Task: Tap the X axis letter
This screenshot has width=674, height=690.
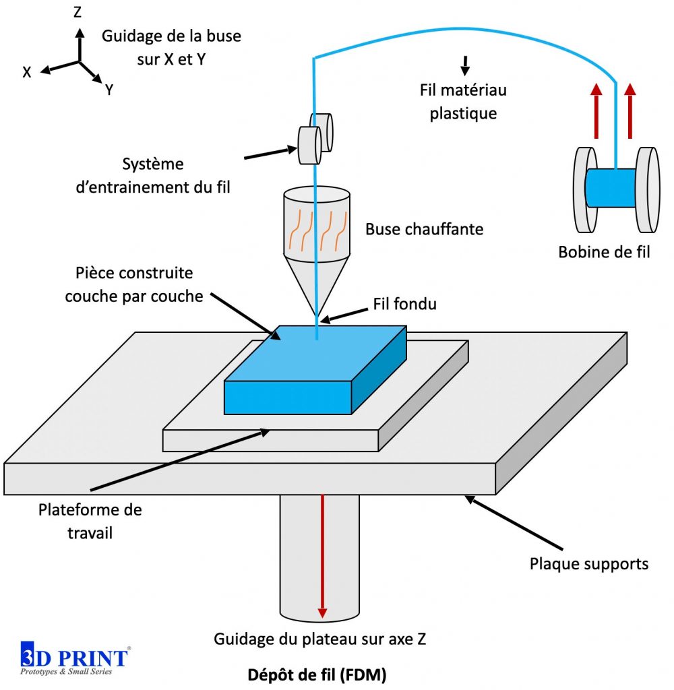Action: pyautogui.click(x=27, y=72)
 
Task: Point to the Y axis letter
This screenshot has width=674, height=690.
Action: pyautogui.click(x=109, y=90)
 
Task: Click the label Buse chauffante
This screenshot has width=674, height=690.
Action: pyautogui.click(x=424, y=229)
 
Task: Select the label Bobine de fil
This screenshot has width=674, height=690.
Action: pyautogui.click(x=604, y=252)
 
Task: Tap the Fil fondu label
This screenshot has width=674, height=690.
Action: pyautogui.click(x=404, y=305)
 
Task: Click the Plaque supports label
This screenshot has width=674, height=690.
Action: pyautogui.click(x=589, y=563)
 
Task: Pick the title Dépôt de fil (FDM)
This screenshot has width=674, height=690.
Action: pyautogui.click(x=316, y=675)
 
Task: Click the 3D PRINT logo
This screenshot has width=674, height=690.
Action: pyautogui.click(x=74, y=659)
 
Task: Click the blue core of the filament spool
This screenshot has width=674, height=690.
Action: pyautogui.click(x=611, y=187)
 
